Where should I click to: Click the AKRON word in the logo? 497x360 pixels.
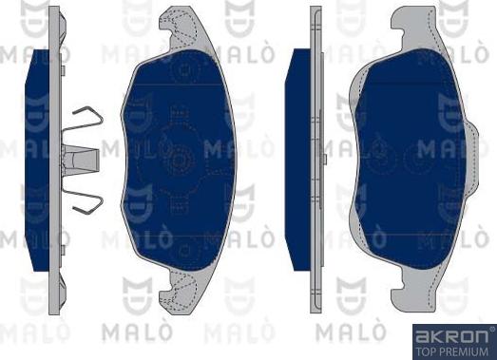pos(452,337)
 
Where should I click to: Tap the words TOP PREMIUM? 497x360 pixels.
pos(451,351)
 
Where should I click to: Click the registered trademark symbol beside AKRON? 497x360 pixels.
pos(492,330)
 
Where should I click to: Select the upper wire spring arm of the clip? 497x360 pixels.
pos(83,119)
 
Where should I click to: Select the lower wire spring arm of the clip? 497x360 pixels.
pos(83,199)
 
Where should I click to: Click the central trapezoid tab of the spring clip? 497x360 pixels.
pos(81,159)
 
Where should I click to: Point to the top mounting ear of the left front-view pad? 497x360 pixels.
pos(182,28)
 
